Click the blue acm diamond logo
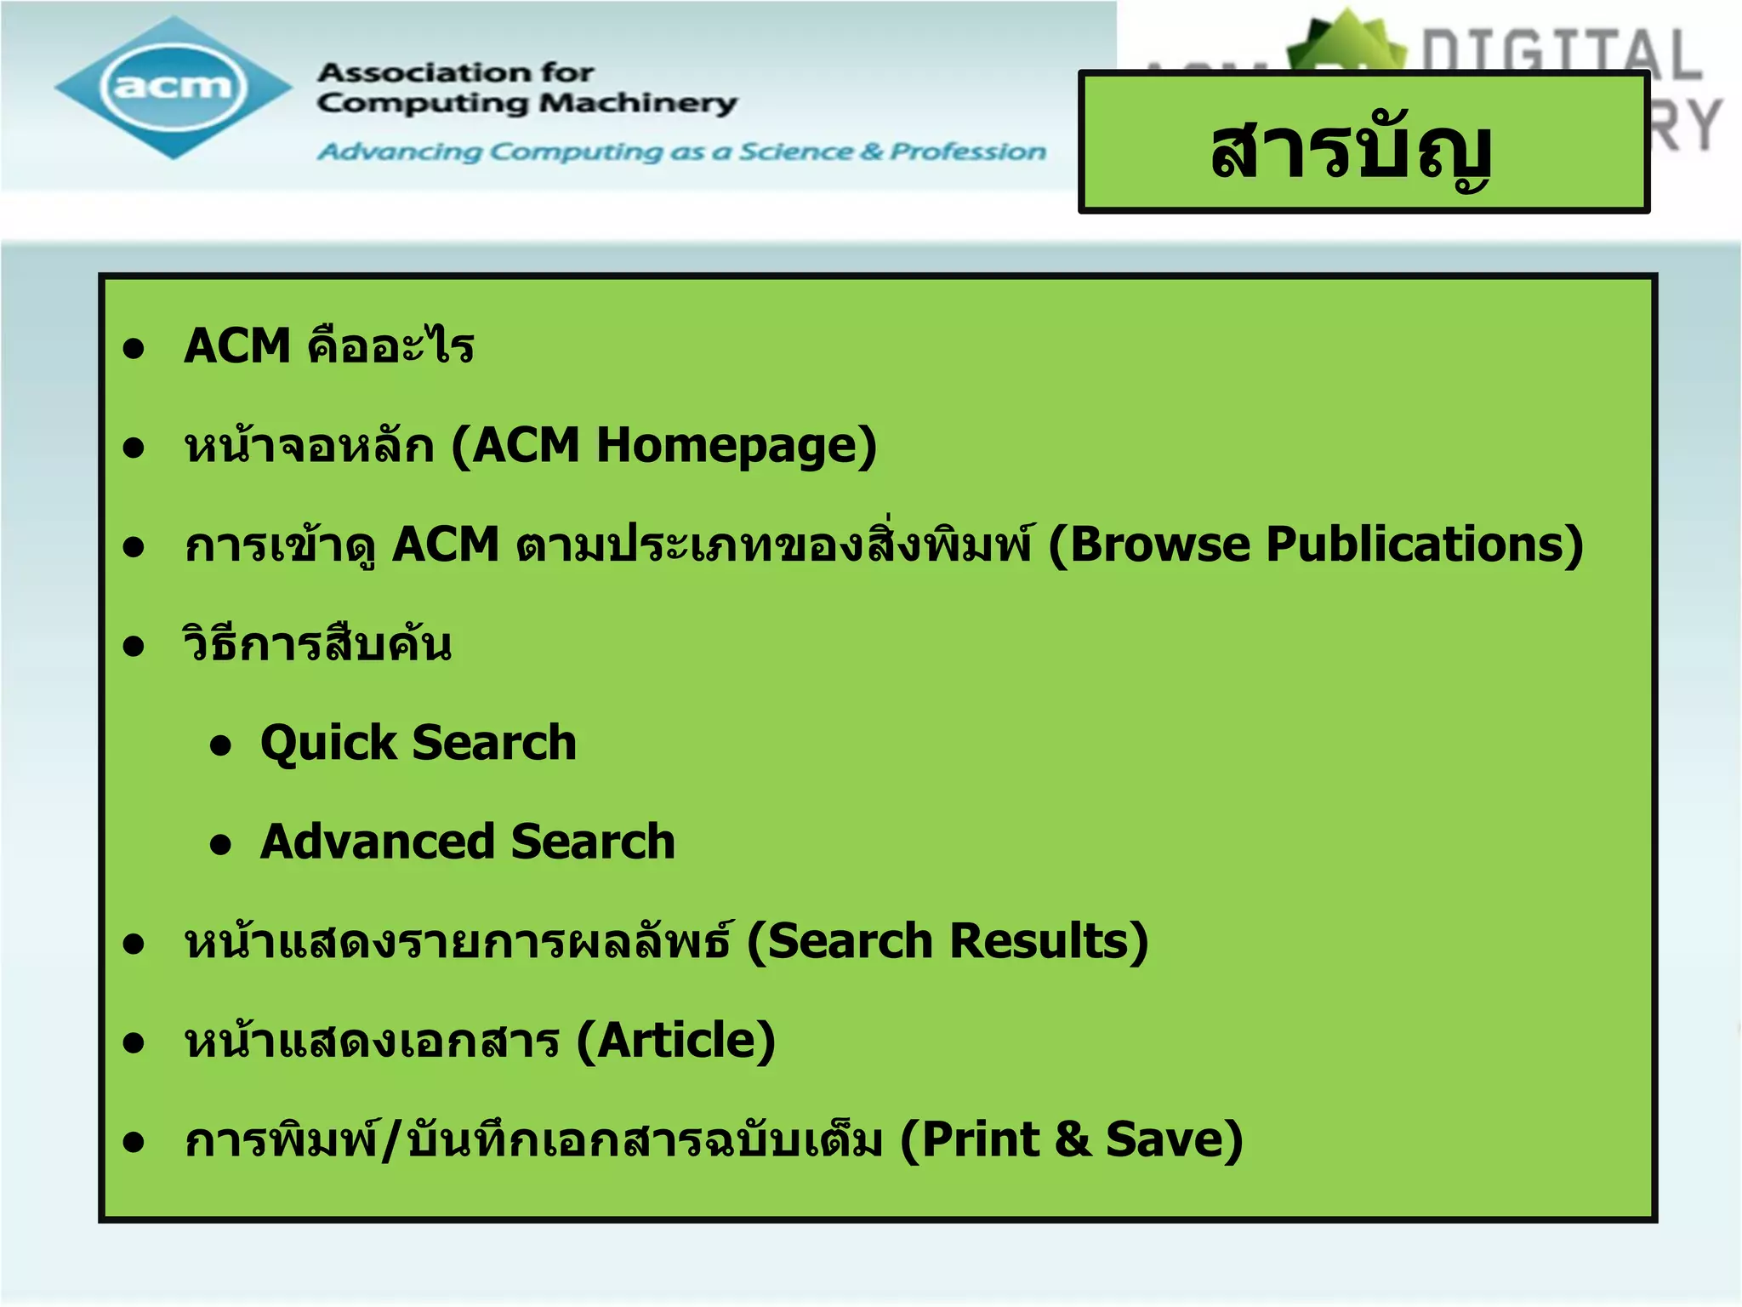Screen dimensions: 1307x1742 pyautogui.click(x=174, y=87)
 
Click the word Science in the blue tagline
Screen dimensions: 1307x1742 pyautogui.click(x=794, y=151)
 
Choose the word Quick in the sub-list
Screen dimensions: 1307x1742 pyautogui.click(x=327, y=743)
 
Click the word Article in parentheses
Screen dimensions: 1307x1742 pyautogui.click(x=675, y=1040)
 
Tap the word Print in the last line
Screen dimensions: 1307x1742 pyautogui.click(x=980, y=1139)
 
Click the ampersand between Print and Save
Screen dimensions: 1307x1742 pyautogui.click(x=1073, y=1139)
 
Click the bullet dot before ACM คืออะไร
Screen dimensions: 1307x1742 pyautogui.click(x=134, y=348)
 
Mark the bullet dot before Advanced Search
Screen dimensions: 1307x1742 pyautogui.click(x=221, y=845)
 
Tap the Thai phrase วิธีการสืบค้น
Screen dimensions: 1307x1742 pyautogui.click(x=317, y=644)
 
